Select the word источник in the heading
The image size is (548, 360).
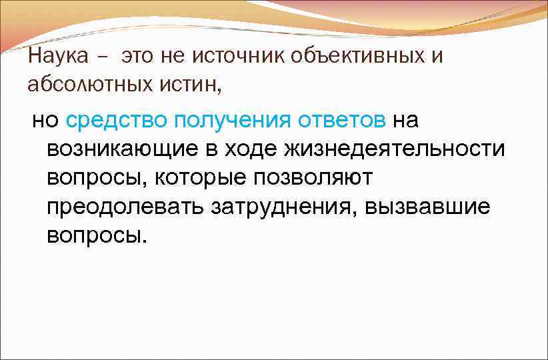pyautogui.click(x=238, y=57)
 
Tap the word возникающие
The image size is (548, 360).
pyautogui.click(x=123, y=150)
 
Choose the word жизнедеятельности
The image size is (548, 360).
pyautogui.click(x=395, y=150)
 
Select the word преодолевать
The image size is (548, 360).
pyautogui.click(x=125, y=207)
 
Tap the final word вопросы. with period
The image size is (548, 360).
pyautogui.click(x=95, y=236)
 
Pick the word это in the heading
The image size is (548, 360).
pyautogui.click(x=137, y=57)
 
